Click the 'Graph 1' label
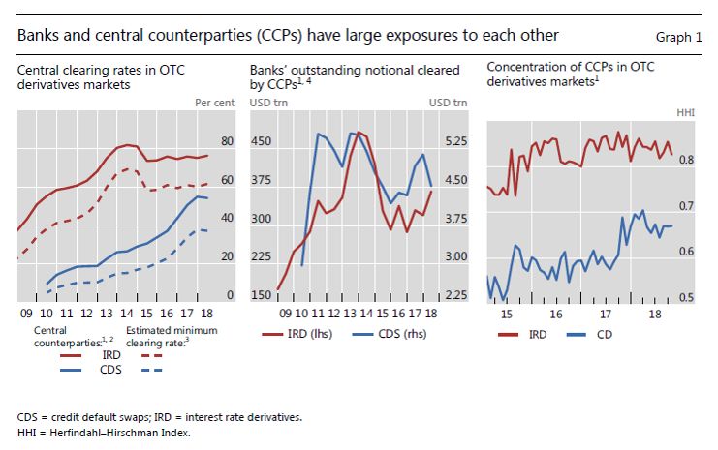click(682, 37)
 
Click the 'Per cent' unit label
click(214, 103)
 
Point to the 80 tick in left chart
click(228, 142)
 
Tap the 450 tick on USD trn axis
click(263, 142)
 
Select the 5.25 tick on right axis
click(455, 142)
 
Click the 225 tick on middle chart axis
click(263, 257)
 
